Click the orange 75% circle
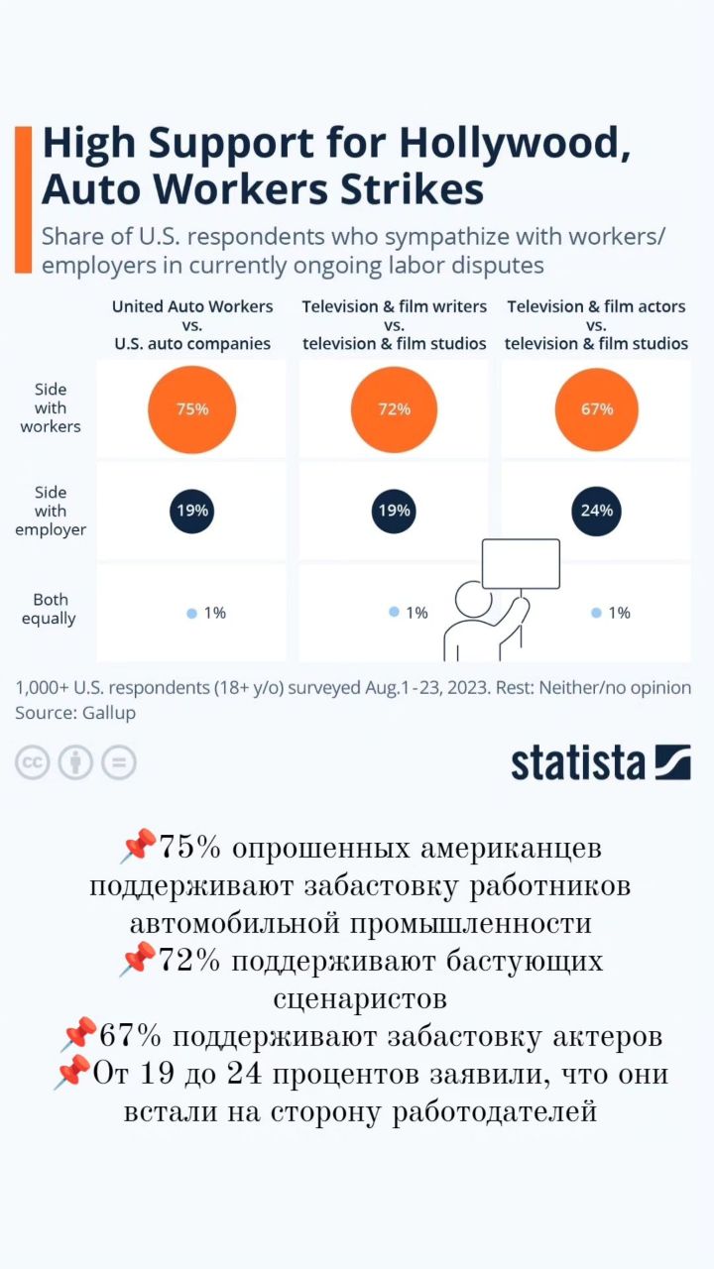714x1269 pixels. tap(191, 408)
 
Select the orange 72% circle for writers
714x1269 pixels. tap(394, 408)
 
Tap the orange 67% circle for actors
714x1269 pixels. tap(596, 408)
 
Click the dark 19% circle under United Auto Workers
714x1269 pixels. tap(191, 511)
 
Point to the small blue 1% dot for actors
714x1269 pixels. tap(596, 613)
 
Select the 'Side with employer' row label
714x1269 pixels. tap(51, 511)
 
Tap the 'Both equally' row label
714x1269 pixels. tap(51, 609)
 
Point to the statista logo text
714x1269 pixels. tap(578, 762)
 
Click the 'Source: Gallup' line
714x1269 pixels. tap(75, 713)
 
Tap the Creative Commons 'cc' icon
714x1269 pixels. tap(32, 762)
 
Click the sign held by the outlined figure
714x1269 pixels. tap(521, 564)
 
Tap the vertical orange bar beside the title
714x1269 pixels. tap(23, 198)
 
